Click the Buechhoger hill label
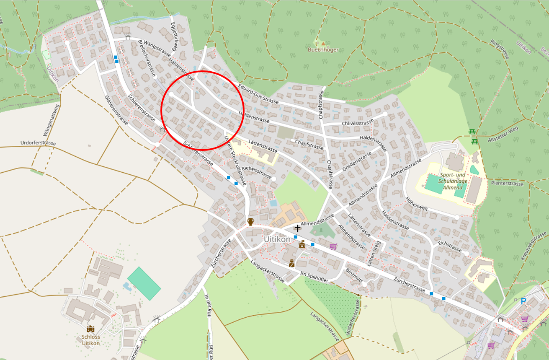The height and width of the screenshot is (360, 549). click(x=323, y=49)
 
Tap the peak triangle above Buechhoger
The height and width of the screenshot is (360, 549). click(x=323, y=42)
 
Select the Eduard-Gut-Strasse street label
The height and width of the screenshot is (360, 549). click(x=258, y=96)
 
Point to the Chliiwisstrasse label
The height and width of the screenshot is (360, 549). click(x=357, y=123)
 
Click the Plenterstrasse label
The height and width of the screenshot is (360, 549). click(x=508, y=184)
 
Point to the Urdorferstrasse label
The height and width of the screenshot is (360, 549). click(x=38, y=143)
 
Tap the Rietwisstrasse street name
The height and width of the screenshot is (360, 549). click(x=257, y=171)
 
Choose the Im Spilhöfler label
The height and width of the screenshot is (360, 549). click(x=314, y=277)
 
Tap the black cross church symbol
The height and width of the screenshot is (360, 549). click(x=297, y=228)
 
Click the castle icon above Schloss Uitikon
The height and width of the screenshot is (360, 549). click(x=90, y=329)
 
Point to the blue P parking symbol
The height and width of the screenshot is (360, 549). click(x=523, y=301)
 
